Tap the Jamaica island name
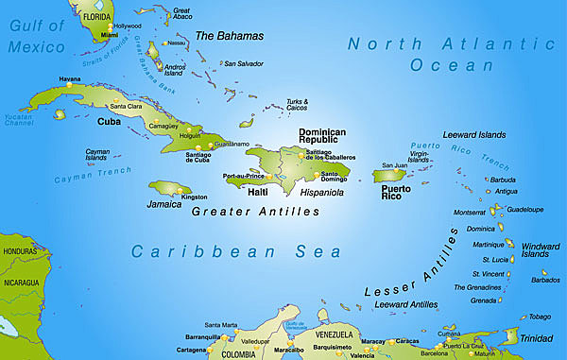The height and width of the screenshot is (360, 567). pyautogui.click(x=163, y=203)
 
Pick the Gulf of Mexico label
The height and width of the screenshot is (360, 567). pyautogui.click(x=39, y=34)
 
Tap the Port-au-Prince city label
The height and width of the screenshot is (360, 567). pyautogui.click(x=243, y=177)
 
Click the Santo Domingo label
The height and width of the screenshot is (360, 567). pyautogui.click(x=337, y=180)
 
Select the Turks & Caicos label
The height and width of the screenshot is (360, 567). pyautogui.click(x=298, y=104)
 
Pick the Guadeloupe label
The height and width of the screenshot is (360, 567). pyautogui.click(x=525, y=209)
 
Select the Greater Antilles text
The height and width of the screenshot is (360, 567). pyautogui.click(x=255, y=212)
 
